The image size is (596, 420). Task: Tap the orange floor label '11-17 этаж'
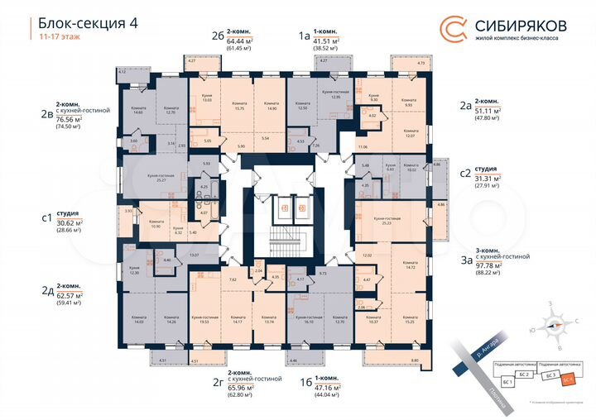tap(57, 38)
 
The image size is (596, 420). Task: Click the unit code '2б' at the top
tap(218, 36)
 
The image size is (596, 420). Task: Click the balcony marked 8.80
tap(416, 360)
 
